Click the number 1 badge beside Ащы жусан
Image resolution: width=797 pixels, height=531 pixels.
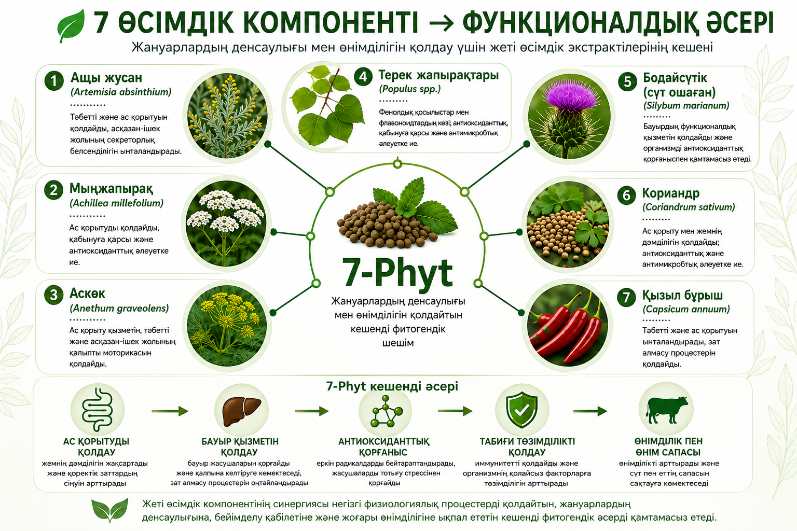coord(54,81)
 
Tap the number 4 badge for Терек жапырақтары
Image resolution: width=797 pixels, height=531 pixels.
coord(363,77)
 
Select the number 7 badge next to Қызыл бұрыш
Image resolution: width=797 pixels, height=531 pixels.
coord(626,297)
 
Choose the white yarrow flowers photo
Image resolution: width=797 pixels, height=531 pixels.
coord(226,225)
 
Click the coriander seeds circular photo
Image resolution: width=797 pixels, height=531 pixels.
coord(568,225)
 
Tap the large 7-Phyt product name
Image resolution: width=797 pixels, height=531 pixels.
coord(397,273)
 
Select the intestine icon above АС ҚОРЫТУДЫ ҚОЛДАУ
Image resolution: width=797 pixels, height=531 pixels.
coord(98,410)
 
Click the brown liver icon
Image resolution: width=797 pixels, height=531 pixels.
coord(242,411)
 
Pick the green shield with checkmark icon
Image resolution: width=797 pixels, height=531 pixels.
coord(521,410)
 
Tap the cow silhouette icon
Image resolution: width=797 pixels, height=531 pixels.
coord(667,410)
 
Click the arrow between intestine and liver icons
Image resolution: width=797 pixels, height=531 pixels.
coord(170,411)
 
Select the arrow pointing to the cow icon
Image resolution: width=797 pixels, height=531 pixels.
coord(590,411)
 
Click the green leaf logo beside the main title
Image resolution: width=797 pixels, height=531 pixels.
coord(71,25)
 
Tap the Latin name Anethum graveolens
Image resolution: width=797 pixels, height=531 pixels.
coord(119,308)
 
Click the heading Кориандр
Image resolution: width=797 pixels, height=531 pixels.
coord(671,193)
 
